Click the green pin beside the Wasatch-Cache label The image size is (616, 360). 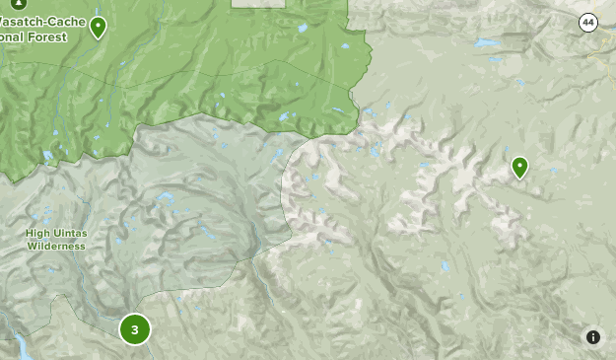click(x=98, y=28)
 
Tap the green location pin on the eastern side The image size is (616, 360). click(x=519, y=168)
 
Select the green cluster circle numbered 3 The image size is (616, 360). click(x=135, y=329)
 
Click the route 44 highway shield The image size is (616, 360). click(x=587, y=23)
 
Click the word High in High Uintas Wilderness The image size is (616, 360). click(x=37, y=234)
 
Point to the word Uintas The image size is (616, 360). click(x=68, y=234)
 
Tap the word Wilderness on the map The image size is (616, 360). click(x=56, y=246)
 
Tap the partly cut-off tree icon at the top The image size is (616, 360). click(x=18, y=3)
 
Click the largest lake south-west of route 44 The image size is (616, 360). click(x=485, y=43)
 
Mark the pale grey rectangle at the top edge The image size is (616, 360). click(x=258, y=3)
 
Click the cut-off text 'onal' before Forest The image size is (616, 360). click(x=13, y=36)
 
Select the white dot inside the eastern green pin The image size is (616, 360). click(x=519, y=165)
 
